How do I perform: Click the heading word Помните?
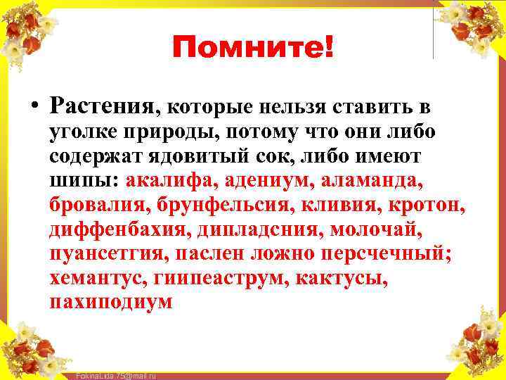pos(254,49)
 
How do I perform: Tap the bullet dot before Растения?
pos(34,108)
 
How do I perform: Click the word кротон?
pos(431,205)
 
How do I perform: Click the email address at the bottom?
pos(115,376)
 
